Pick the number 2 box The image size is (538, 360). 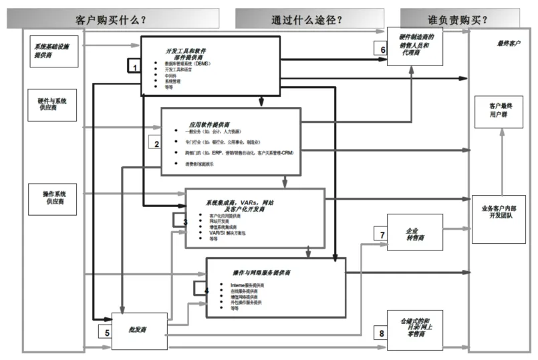point(156,144)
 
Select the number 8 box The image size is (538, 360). point(382,332)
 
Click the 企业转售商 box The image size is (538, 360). point(416,233)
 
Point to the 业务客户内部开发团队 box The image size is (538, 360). point(499,213)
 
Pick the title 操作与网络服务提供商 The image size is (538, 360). point(261,273)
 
